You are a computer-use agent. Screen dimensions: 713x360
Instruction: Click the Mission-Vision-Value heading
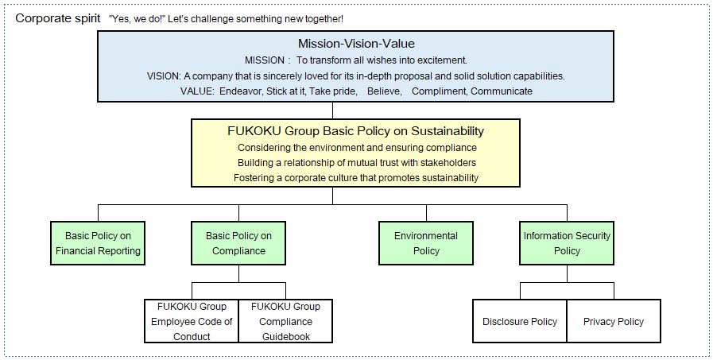(356, 44)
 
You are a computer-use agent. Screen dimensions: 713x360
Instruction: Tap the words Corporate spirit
(58, 19)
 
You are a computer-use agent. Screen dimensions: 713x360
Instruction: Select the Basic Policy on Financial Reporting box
(98, 243)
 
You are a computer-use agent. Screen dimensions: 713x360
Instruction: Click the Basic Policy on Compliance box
(238, 243)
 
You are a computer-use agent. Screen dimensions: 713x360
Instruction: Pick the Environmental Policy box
(426, 243)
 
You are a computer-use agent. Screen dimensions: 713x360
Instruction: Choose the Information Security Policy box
(567, 243)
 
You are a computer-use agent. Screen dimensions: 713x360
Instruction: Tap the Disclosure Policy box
(520, 321)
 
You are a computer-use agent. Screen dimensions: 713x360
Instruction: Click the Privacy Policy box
(614, 321)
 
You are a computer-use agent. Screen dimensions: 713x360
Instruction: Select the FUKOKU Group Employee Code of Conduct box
(192, 321)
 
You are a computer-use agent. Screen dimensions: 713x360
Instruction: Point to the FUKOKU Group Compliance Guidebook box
(285, 321)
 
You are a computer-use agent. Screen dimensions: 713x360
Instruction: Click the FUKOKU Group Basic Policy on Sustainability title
(355, 131)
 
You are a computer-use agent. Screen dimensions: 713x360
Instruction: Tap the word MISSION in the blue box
(264, 60)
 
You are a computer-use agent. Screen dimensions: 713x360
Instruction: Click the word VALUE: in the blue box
(197, 91)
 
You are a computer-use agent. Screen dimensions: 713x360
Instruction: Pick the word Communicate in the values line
(502, 91)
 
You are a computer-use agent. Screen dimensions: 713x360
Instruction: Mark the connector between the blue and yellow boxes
(332, 110)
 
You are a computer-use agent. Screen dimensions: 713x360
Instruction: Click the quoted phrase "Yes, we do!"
(136, 20)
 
